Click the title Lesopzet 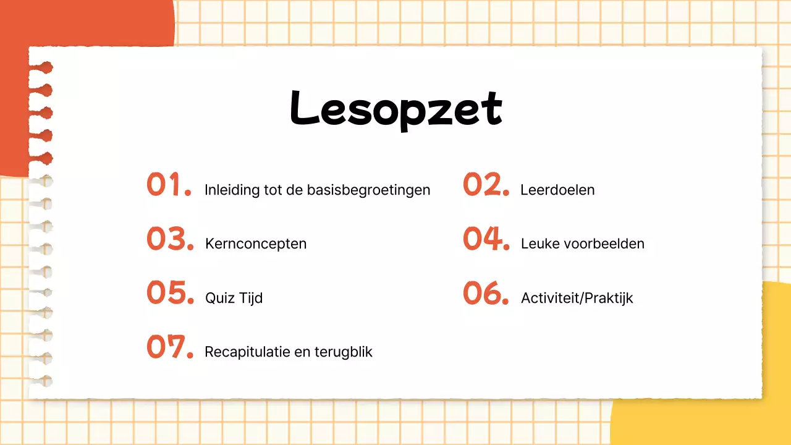pyautogui.click(x=395, y=108)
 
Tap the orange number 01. pyautogui.click(x=169, y=185)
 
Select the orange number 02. pyautogui.click(x=486, y=185)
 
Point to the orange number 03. pyautogui.click(x=170, y=239)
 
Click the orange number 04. pyautogui.click(x=486, y=239)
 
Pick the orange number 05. pyautogui.click(x=170, y=293)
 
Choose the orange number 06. pyautogui.click(x=486, y=293)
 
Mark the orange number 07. pyautogui.click(x=170, y=347)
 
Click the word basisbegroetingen pyautogui.click(x=368, y=190)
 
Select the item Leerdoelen pyautogui.click(x=557, y=190)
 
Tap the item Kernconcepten pyautogui.click(x=256, y=244)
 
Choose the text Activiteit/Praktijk pyautogui.click(x=577, y=298)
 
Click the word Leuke pyautogui.click(x=537, y=244)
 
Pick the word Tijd pyautogui.click(x=250, y=298)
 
